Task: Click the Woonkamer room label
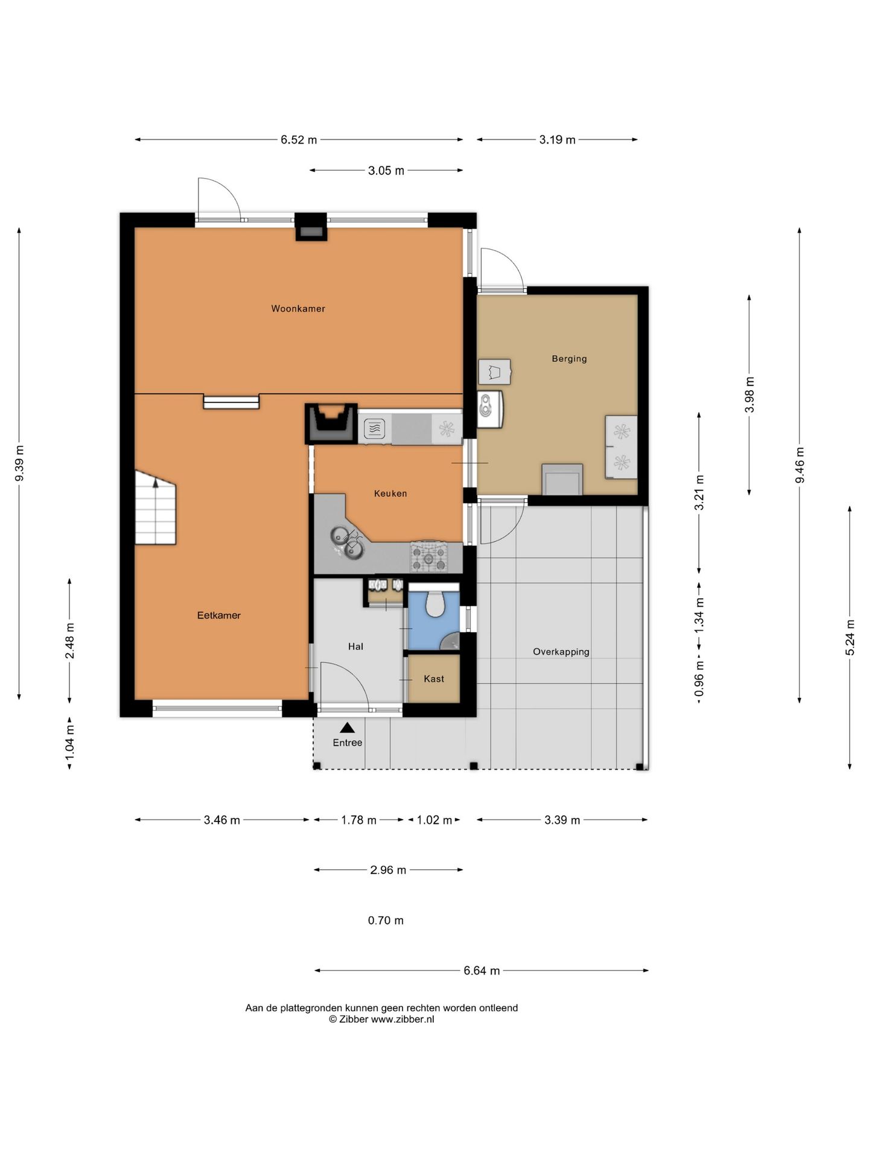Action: (x=298, y=309)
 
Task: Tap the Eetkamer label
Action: (x=219, y=615)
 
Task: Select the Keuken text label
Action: (x=390, y=493)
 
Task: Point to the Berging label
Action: (x=569, y=359)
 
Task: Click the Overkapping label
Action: (x=561, y=652)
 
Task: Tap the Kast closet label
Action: (x=434, y=679)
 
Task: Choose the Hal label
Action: (x=355, y=647)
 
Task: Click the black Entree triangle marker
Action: (x=347, y=728)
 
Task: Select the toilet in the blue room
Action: (x=434, y=603)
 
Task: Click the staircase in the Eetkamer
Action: (x=155, y=508)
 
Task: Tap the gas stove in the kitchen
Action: (x=429, y=557)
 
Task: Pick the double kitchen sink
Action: (x=347, y=541)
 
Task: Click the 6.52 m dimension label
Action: (x=299, y=140)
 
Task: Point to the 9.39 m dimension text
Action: (x=19, y=464)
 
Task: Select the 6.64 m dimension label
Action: (x=482, y=970)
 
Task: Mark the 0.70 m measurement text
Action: (x=386, y=920)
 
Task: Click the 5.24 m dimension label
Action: (x=850, y=638)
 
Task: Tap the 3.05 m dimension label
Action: (x=386, y=171)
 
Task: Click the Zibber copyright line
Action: (x=381, y=1019)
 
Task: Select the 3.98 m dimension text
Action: (x=750, y=394)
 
